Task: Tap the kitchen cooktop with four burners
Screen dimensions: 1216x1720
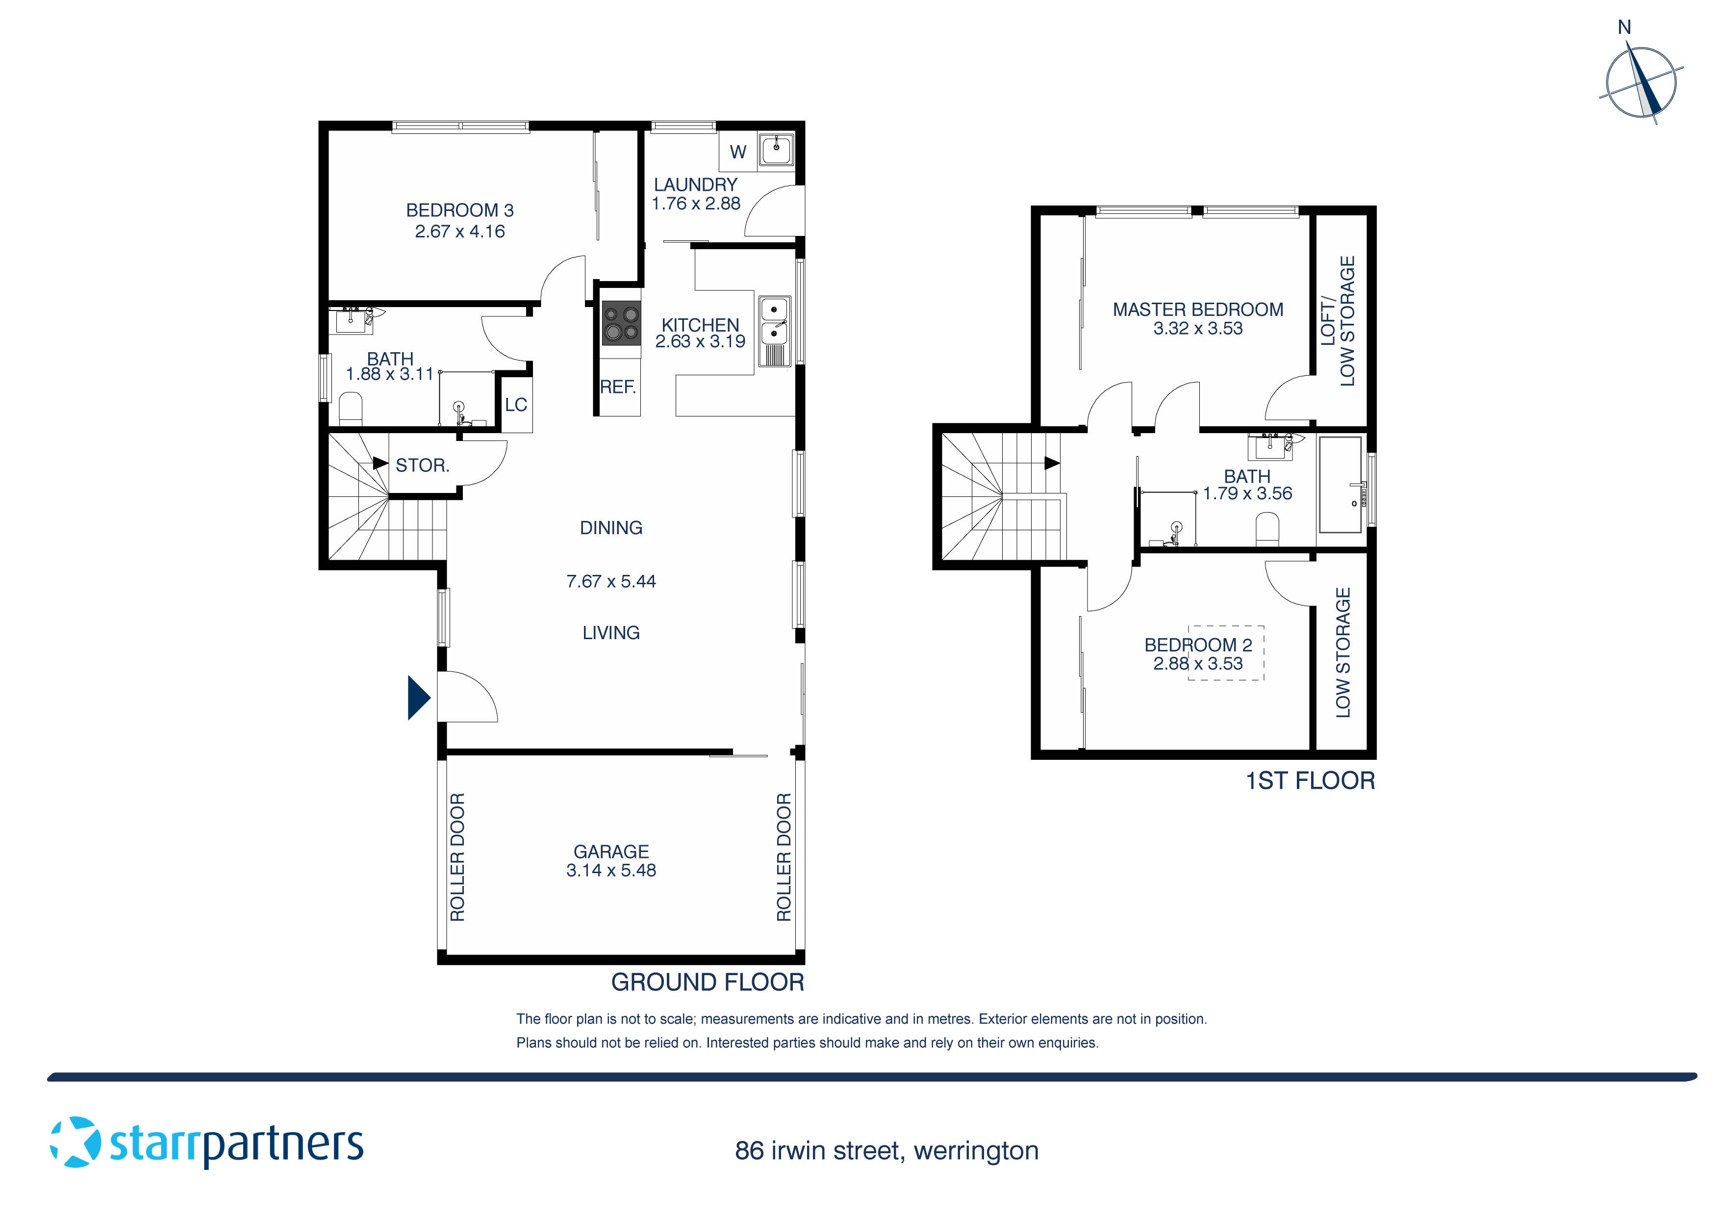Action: (x=621, y=323)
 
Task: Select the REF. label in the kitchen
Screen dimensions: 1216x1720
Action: (x=617, y=388)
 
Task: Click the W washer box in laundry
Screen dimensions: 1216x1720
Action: (x=738, y=152)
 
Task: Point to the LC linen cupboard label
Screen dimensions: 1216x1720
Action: (x=515, y=405)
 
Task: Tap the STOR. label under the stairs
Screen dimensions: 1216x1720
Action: (x=422, y=466)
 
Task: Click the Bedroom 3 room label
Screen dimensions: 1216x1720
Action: (x=459, y=210)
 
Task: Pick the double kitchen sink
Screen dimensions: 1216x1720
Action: (x=774, y=321)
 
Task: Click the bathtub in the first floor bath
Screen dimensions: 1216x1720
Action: (x=1340, y=484)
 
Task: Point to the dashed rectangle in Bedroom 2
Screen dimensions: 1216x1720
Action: (x=1226, y=652)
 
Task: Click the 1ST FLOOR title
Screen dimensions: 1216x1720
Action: (x=1310, y=781)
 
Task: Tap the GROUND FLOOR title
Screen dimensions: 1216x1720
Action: (x=707, y=982)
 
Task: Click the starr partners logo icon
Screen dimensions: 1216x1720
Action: (x=75, y=1142)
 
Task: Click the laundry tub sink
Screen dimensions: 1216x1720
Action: (x=775, y=150)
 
